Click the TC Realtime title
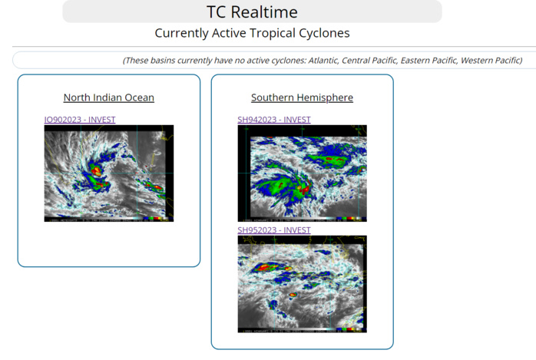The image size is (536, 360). (x=252, y=12)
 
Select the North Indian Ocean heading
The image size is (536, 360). (x=108, y=97)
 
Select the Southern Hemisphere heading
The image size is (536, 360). (x=302, y=97)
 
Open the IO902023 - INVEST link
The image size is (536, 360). (x=80, y=120)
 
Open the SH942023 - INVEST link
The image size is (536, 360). (x=274, y=120)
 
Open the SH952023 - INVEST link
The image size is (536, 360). (x=274, y=230)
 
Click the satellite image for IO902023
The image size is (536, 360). (x=108, y=173)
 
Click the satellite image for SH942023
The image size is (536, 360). (x=302, y=173)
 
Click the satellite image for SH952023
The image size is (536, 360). (x=302, y=284)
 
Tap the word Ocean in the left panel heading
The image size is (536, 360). (x=139, y=97)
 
